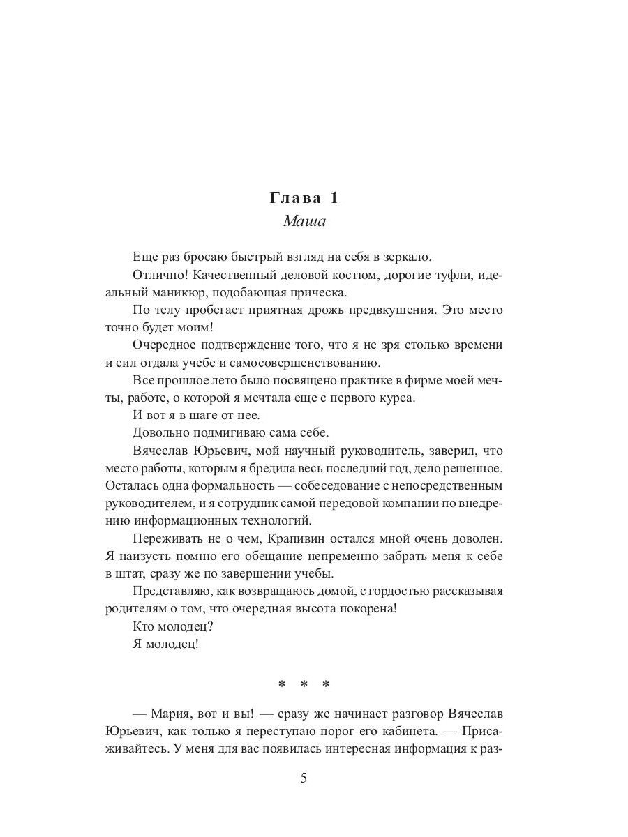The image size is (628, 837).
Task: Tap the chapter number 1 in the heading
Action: click(334, 198)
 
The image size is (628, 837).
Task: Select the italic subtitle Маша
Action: click(305, 222)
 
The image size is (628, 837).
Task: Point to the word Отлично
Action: click(154, 275)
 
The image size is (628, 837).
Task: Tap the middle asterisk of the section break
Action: click(304, 685)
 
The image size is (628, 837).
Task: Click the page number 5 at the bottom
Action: click(304, 778)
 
